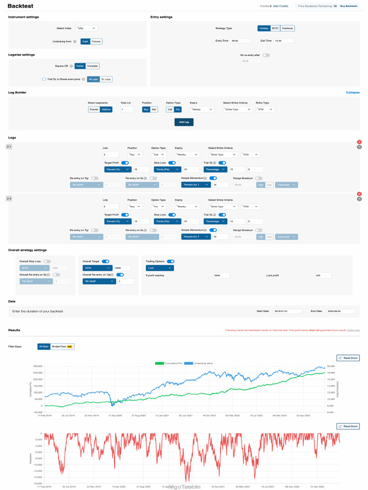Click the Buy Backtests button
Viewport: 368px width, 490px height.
pyautogui.click(x=348, y=6)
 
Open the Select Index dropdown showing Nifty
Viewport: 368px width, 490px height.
pyautogui.click(x=87, y=29)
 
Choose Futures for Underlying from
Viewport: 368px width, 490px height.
pyautogui.click(x=96, y=42)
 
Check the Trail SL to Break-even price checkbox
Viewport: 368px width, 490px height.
pyautogui.click(x=44, y=79)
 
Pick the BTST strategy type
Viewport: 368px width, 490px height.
pyautogui.click(x=276, y=28)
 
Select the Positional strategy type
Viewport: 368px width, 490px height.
pyautogui.click(x=287, y=28)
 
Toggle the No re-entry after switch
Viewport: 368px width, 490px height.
pyautogui.click(x=266, y=55)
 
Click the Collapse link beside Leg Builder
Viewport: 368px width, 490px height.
pyautogui.click(x=353, y=92)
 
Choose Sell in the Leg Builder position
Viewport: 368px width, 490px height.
pyautogui.click(x=154, y=110)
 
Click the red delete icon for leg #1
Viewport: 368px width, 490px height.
pyautogui.click(x=359, y=142)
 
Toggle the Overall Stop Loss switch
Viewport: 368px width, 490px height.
pyautogui.click(x=47, y=261)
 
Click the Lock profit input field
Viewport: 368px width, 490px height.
pyautogui.click(x=323, y=276)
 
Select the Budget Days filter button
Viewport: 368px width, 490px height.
pyautogui.click(x=62, y=346)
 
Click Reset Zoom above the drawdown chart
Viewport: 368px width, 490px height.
pyautogui.click(x=348, y=426)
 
